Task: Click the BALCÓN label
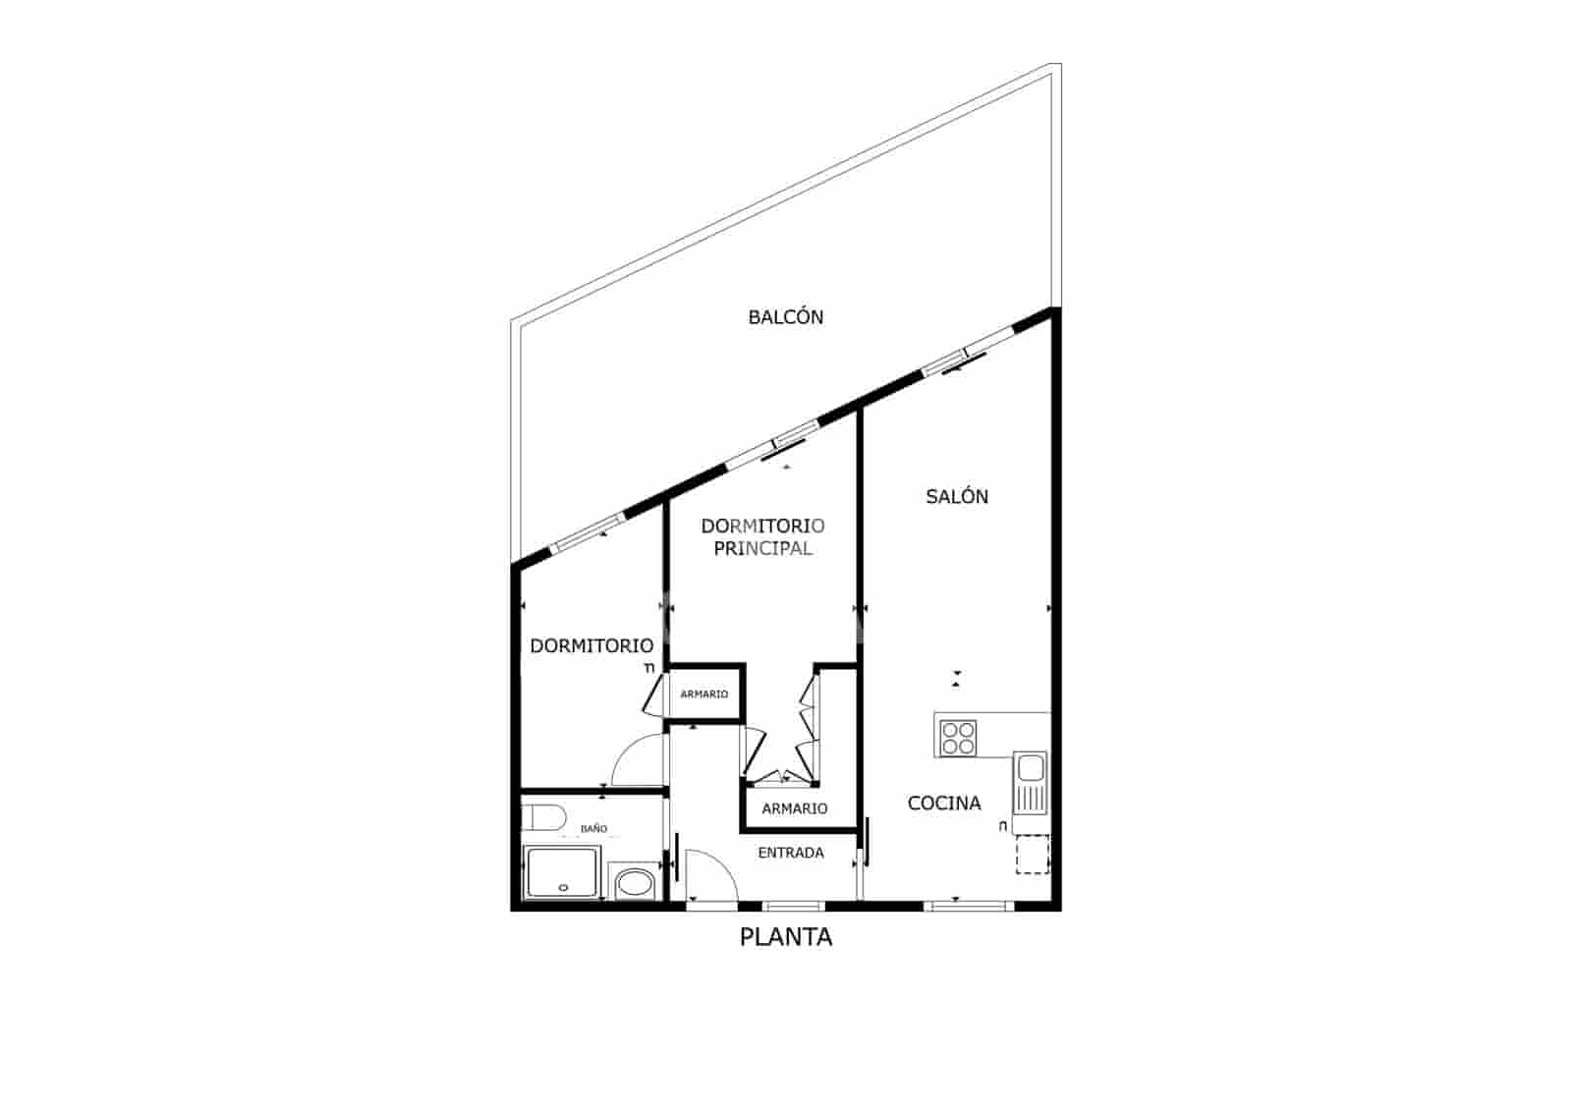click(x=785, y=317)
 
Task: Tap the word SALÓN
click(x=957, y=497)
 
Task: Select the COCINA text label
click(x=944, y=803)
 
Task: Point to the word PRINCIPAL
click(x=762, y=549)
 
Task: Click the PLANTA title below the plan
click(x=785, y=937)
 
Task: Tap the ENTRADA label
click(x=791, y=853)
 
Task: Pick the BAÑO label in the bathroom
click(x=593, y=829)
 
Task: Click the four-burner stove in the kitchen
click(x=959, y=739)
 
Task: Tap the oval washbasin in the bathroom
click(x=635, y=882)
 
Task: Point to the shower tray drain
click(x=563, y=888)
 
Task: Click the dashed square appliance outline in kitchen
click(x=1033, y=855)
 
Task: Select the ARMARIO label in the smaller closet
click(x=703, y=694)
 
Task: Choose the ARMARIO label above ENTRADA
click(x=795, y=808)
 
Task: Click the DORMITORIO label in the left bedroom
click(x=591, y=645)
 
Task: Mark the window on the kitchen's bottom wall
click(x=969, y=906)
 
